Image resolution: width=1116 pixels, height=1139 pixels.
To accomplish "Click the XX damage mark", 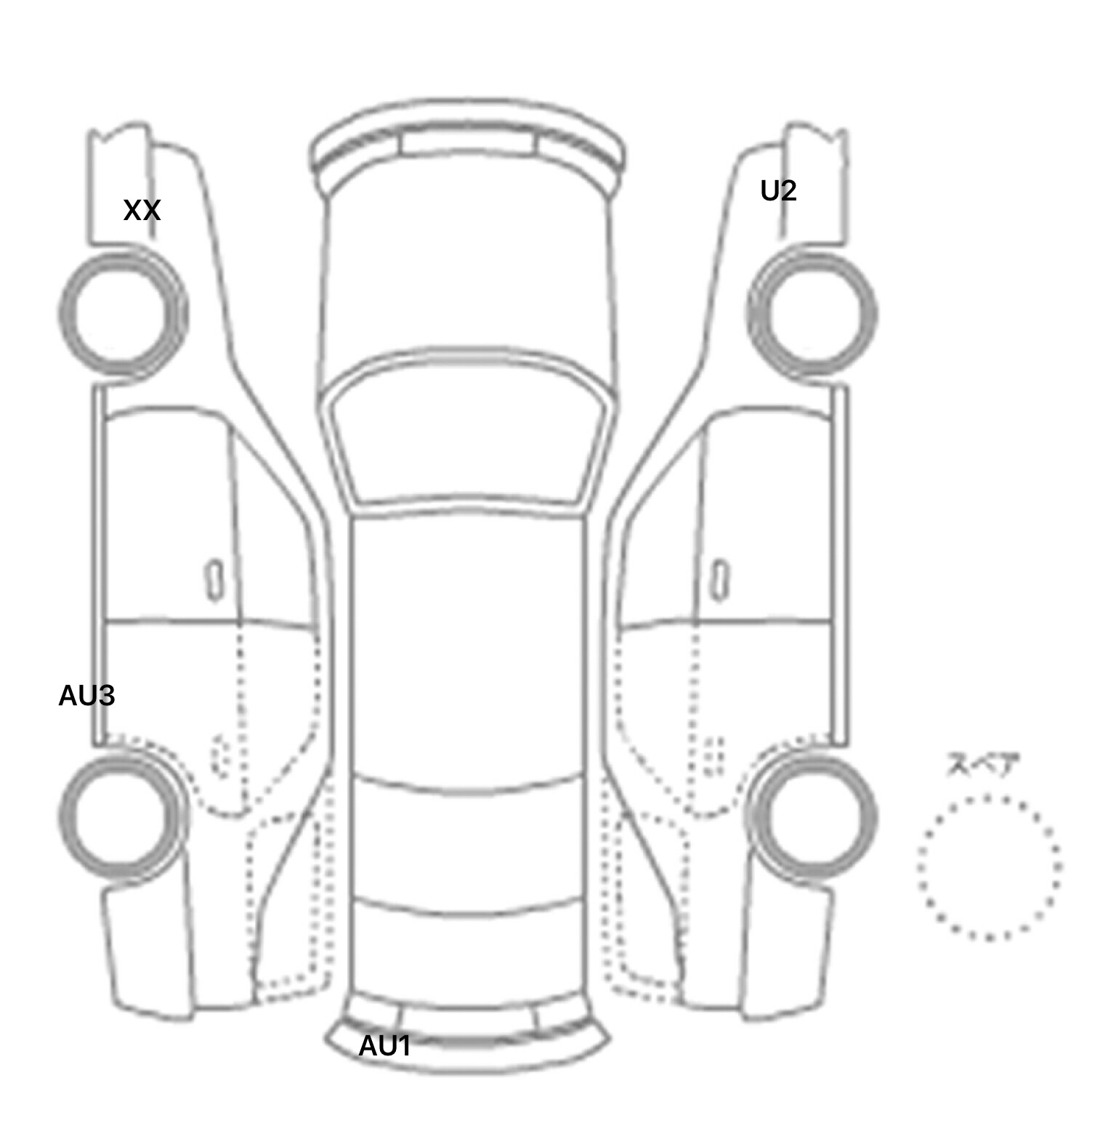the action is coord(142,211).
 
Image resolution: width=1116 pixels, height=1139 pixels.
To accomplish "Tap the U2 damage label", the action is coord(778,191).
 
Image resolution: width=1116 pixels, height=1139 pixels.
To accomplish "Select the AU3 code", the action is coord(86,696).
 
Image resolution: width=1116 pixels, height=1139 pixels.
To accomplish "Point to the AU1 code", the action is coord(385,1046).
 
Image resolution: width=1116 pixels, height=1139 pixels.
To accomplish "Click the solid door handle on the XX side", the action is coord(214,580).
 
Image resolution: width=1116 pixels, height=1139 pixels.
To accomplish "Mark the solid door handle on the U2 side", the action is coord(720,580).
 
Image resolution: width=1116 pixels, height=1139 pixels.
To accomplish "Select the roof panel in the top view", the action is coord(468,646).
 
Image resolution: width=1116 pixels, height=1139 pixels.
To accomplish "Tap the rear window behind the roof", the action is coord(468,846).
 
